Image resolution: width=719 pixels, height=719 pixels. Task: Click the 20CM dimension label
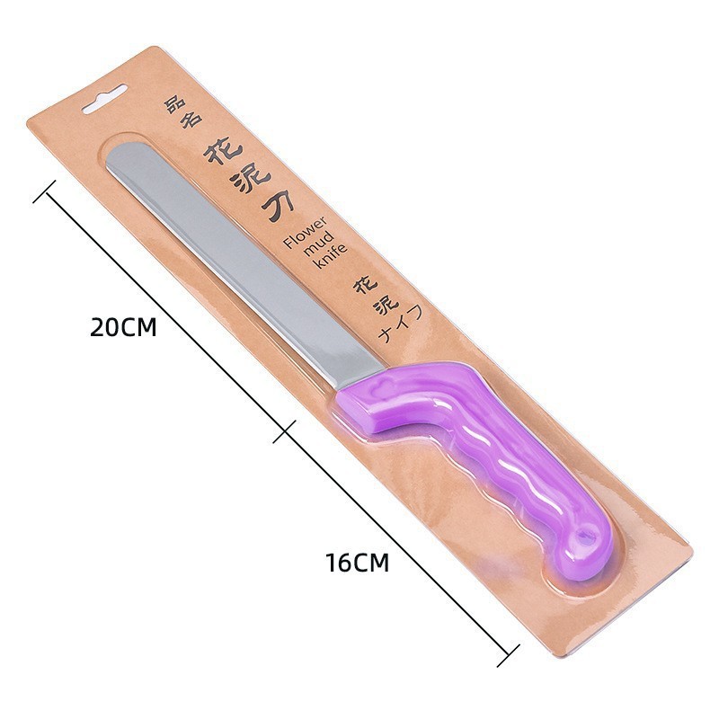coord(123,327)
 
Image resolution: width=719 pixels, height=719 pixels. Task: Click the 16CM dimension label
coord(357,563)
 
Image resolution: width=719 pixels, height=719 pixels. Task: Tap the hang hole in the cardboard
coord(104,99)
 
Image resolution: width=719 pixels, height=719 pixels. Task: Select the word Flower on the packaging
coord(306,233)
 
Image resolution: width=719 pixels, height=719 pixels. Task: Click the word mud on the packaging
coord(320,244)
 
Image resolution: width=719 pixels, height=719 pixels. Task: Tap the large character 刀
coord(278,207)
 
